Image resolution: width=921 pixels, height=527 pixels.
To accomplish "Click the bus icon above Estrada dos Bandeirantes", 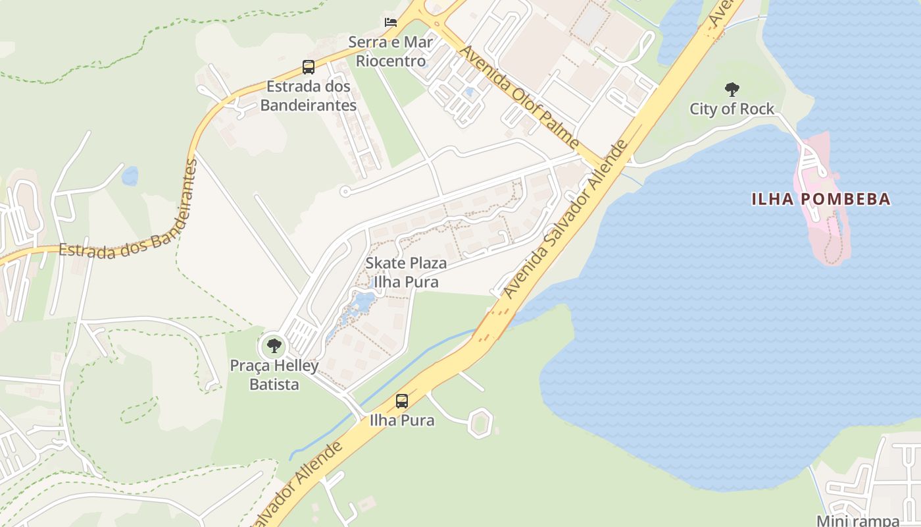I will [309, 67].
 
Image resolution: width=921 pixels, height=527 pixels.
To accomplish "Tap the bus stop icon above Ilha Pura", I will [402, 401].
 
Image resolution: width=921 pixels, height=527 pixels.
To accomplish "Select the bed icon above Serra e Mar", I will [391, 22].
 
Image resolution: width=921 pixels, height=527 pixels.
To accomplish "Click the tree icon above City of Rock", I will [732, 90].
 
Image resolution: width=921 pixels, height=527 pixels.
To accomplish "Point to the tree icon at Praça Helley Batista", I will [274, 345].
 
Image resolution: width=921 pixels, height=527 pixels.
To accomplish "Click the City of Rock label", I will [732, 109].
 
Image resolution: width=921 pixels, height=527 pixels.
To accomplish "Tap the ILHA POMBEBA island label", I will [821, 199].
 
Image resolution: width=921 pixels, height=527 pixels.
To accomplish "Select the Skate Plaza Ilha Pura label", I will [406, 272].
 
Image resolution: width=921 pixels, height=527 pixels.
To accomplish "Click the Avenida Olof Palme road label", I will [519, 97].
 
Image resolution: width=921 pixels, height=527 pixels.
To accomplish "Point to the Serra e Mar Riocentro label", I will [391, 51].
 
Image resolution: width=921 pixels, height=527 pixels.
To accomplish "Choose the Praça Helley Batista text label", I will [274, 375].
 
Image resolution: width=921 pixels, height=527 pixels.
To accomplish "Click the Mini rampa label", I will [857, 520].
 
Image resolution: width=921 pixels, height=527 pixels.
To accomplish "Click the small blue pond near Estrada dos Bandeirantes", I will [130, 176].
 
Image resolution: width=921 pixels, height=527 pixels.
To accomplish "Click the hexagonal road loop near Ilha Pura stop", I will [481, 422].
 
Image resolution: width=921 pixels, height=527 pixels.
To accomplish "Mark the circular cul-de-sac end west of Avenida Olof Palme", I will [345, 192].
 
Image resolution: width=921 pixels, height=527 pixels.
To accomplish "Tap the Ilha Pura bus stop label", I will [402, 420].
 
